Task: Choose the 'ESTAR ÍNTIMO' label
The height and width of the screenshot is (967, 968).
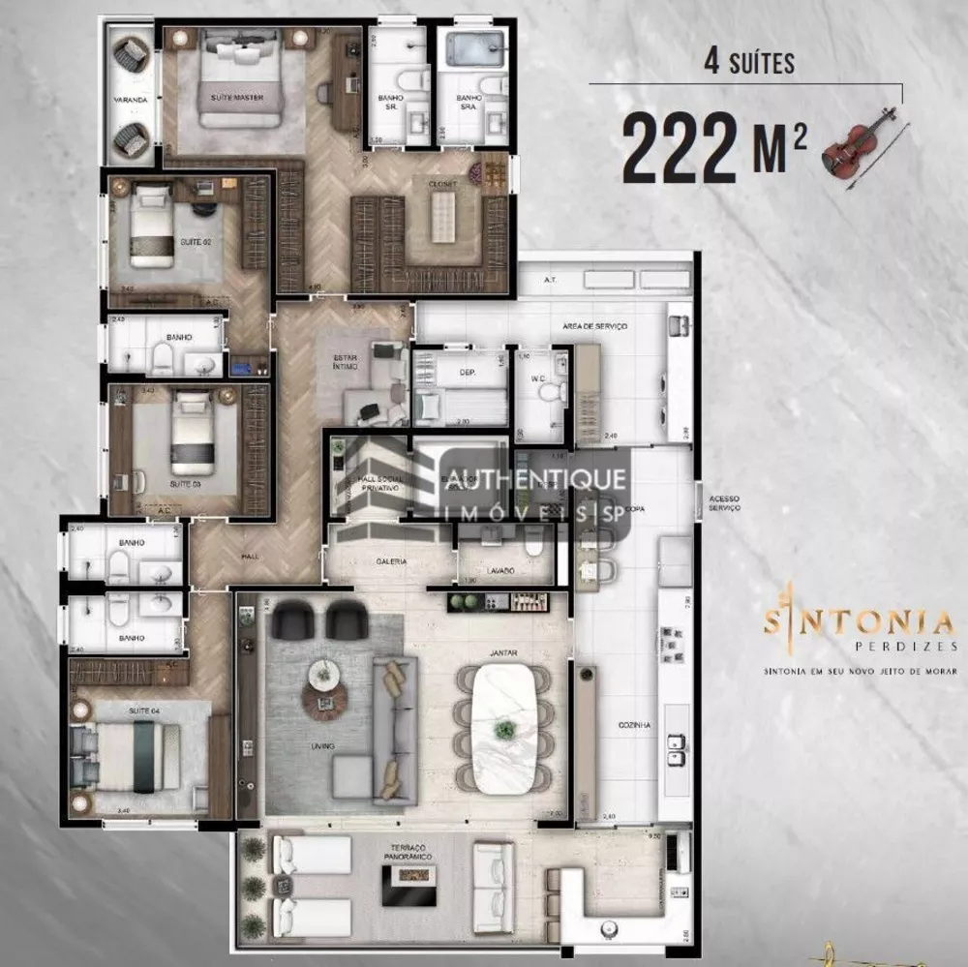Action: coord(346,362)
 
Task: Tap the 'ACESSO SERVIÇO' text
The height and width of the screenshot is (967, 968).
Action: coord(724,503)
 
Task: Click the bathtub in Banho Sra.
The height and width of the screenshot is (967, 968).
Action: coord(471,45)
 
